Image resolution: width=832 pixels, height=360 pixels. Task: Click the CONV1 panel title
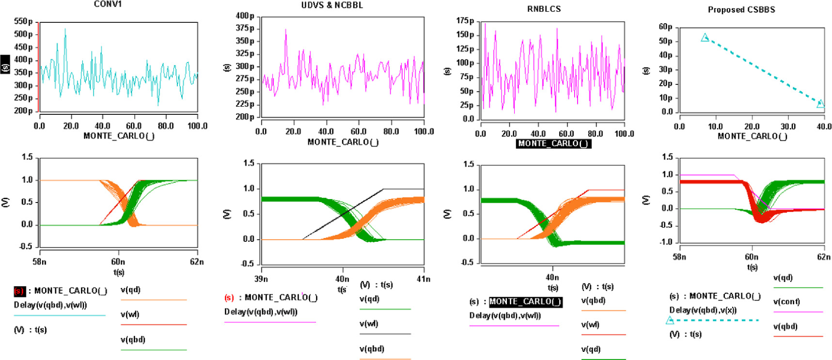point(108,4)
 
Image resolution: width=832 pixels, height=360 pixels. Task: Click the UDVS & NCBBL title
point(332,5)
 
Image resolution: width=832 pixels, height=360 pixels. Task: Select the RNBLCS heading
point(544,9)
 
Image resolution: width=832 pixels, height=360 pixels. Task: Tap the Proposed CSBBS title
point(741,10)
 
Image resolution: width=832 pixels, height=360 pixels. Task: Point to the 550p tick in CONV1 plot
point(23,22)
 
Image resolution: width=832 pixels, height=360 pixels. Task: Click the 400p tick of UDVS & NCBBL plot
point(245,16)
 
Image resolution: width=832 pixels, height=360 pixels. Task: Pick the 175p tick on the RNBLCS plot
point(465,21)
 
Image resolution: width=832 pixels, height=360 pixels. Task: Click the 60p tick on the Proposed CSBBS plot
point(665,27)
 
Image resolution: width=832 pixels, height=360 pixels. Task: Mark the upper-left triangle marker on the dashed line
point(705,37)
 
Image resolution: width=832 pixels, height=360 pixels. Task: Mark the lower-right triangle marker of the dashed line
point(820,104)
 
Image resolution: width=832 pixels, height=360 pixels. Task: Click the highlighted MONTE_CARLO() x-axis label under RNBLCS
point(553,143)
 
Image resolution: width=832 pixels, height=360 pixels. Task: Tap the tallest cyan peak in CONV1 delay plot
point(65,30)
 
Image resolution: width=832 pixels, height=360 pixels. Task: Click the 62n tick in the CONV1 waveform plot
point(196,262)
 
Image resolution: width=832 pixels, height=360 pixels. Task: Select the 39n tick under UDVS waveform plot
point(261,279)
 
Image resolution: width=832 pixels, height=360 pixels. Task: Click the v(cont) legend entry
point(786,302)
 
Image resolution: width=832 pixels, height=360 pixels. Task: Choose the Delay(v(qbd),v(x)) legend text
point(703,310)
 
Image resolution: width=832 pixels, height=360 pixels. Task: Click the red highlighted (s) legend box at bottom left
point(19,291)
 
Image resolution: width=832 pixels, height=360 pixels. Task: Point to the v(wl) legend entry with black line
point(369,324)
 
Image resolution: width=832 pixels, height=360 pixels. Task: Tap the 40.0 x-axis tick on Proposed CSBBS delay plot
point(824,126)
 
